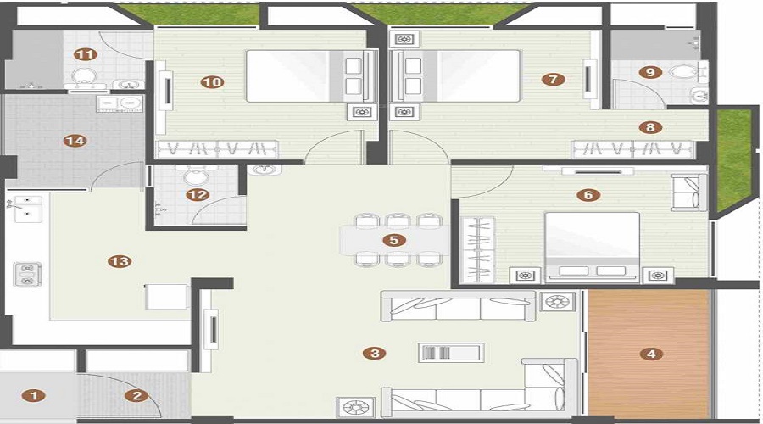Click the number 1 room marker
34,396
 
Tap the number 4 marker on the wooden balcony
652,354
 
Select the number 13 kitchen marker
120,261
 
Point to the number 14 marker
75,141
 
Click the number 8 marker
650,127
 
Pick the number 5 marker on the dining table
394,240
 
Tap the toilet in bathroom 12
196,175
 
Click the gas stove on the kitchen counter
27,274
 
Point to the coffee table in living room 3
451,353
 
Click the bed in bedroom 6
593,248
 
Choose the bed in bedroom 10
312,76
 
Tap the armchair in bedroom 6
689,192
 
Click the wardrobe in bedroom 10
217,149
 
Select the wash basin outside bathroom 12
265,170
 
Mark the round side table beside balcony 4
557,302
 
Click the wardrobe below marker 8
632,149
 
